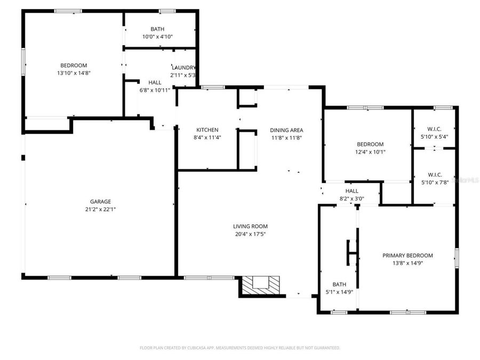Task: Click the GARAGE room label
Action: pos(100,202)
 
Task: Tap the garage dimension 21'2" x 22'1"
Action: pos(100,209)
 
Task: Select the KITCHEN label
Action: pos(207,130)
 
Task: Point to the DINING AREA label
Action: pos(286,130)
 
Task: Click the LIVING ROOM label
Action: pos(250,226)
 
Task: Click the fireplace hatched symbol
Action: pos(260,285)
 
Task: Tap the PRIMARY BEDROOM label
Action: pos(407,255)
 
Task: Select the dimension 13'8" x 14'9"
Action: pos(407,263)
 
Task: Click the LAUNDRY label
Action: pos(183,68)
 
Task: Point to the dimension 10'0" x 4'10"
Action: pos(157,37)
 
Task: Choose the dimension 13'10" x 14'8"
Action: pos(74,73)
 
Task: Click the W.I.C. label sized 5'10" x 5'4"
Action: pos(434,129)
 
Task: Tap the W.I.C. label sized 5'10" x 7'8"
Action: pos(434,174)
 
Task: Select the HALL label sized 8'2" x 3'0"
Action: pos(352,191)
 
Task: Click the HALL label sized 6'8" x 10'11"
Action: pos(155,83)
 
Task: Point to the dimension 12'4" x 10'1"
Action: pos(370,152)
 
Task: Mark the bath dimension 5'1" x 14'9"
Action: pos(339,292)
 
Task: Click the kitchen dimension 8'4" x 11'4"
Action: pos(207,138)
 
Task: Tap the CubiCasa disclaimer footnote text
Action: pos(239,348)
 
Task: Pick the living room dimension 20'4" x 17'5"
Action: pos(250,234)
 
